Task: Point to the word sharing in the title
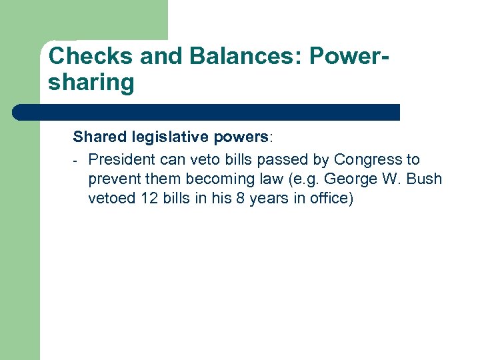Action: click(x=91, y=83)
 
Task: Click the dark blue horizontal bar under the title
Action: click(x=207, y=112)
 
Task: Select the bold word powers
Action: click(x=241, y=137)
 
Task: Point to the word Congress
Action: click(x=368, y=159)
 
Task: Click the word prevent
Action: click(x=113, y=179)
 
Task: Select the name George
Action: click(x=349, y=179)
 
